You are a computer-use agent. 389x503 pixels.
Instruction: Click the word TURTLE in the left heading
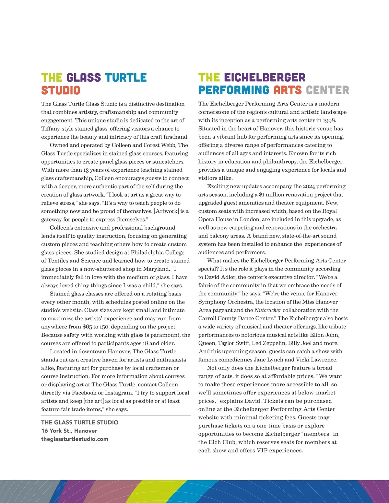coord(126,78)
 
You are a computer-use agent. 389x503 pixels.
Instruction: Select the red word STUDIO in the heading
coord(61,90)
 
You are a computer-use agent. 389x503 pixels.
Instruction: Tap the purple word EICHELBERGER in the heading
coord(265,78)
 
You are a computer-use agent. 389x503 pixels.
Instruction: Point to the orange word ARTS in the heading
coord(287,90)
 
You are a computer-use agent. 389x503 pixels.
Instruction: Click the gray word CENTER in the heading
coord(327,90)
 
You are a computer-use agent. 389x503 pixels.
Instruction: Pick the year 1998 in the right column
coord(329,120)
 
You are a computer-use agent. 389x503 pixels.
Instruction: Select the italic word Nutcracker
coord(268,310)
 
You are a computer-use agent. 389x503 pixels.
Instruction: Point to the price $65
coord(87,326)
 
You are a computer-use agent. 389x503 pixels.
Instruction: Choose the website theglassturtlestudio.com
coord(75,439)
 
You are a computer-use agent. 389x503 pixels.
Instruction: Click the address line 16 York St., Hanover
coord(69,431)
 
